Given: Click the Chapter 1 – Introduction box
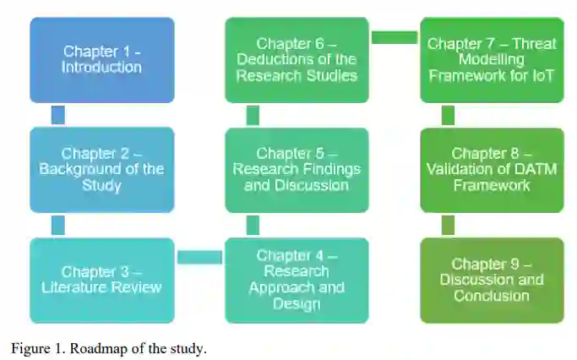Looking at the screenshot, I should click(101, 60).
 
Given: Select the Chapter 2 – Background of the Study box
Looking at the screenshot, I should click(101, 169).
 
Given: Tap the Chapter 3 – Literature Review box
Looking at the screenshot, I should click(101, 280).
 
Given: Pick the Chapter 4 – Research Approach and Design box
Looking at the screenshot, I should click(297, 280).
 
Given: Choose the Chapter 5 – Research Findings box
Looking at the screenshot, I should click(297, 169).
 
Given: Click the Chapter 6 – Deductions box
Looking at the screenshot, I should click(297, 60).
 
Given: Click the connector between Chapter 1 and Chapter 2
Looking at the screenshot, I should click(57, 115).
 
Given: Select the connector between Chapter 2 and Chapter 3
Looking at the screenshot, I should click(57, 225).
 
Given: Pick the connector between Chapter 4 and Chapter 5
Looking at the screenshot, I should click(253, 225).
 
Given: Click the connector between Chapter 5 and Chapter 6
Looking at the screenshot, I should click(253, 115).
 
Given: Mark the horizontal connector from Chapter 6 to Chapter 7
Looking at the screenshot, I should click(395, 37).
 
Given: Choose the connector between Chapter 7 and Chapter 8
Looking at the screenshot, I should click(448, 115).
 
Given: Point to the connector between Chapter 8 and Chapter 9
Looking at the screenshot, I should click(448, 225).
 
